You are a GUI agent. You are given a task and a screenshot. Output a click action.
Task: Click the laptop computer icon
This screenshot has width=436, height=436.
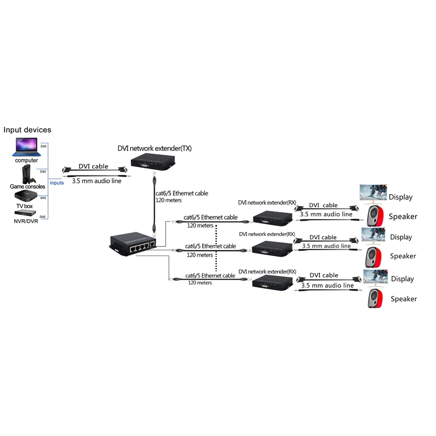tap(26, 146)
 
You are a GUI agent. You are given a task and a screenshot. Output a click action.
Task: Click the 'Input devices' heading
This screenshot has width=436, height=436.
tap(27, 130)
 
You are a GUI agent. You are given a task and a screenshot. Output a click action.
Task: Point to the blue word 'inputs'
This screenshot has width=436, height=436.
tap(57, 183)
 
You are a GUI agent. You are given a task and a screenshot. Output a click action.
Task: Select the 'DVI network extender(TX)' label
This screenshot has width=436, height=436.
tap(155, 148)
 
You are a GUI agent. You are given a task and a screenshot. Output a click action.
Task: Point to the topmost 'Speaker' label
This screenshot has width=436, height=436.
tap(403, 216)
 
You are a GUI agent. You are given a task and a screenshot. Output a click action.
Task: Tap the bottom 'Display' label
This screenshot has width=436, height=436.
tap(402, 279)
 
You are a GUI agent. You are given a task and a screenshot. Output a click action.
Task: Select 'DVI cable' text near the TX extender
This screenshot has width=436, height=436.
tap(93, 166)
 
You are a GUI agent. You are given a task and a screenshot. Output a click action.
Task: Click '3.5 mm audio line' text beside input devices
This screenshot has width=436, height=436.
tap(96, 180)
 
